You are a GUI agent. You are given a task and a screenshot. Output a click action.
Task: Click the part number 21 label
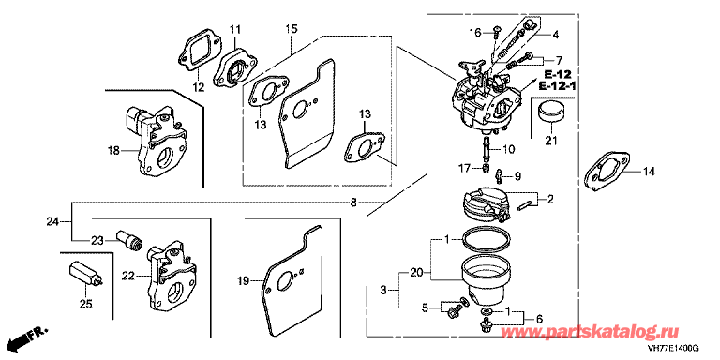coord(550,141)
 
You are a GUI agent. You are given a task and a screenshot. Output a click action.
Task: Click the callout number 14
coord(649,172)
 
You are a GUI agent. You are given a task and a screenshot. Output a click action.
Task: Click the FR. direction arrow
coord(31,337)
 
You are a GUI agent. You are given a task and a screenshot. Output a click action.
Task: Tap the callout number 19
coord(245,280)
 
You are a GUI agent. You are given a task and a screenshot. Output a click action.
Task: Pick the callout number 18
coord(112,150)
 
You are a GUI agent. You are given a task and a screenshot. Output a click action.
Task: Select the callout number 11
coord(235,31)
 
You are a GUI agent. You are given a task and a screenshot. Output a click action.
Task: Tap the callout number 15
coord(292,29)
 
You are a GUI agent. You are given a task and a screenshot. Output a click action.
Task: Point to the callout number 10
coord(509,149)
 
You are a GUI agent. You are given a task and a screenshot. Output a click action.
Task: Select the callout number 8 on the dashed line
coord(352,202)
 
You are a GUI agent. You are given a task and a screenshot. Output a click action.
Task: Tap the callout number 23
coord(97,240)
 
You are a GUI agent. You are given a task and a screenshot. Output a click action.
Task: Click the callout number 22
coord(128,276)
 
